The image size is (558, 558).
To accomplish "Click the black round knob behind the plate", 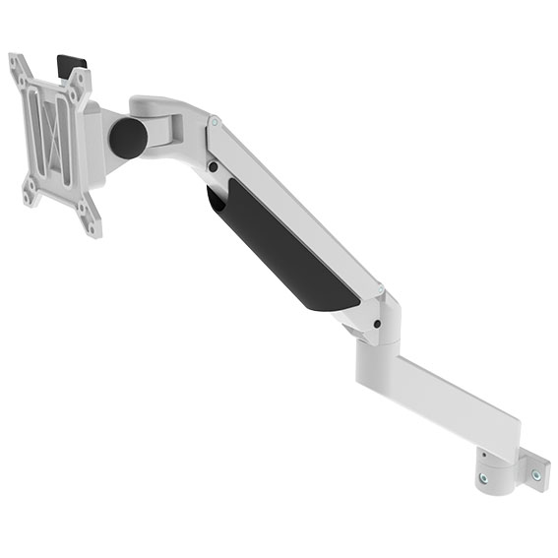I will [127, 137].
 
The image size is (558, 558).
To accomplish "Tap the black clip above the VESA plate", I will [72, 63].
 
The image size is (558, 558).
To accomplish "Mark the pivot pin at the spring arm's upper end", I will [215, 124].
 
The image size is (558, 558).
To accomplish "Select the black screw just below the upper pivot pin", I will [214, 166].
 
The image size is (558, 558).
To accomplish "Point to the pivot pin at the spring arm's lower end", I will [380, 289].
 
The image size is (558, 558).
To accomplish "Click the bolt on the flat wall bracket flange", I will [535, 473].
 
